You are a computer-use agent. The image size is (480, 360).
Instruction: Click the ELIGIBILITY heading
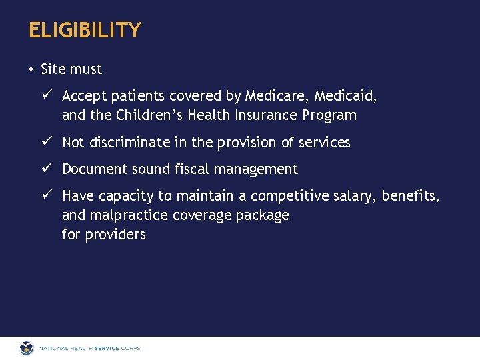85,31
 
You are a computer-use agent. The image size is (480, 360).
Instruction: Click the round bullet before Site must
31,69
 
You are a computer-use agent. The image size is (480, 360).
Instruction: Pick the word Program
329,115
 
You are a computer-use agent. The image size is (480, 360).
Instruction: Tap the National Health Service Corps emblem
27,348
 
